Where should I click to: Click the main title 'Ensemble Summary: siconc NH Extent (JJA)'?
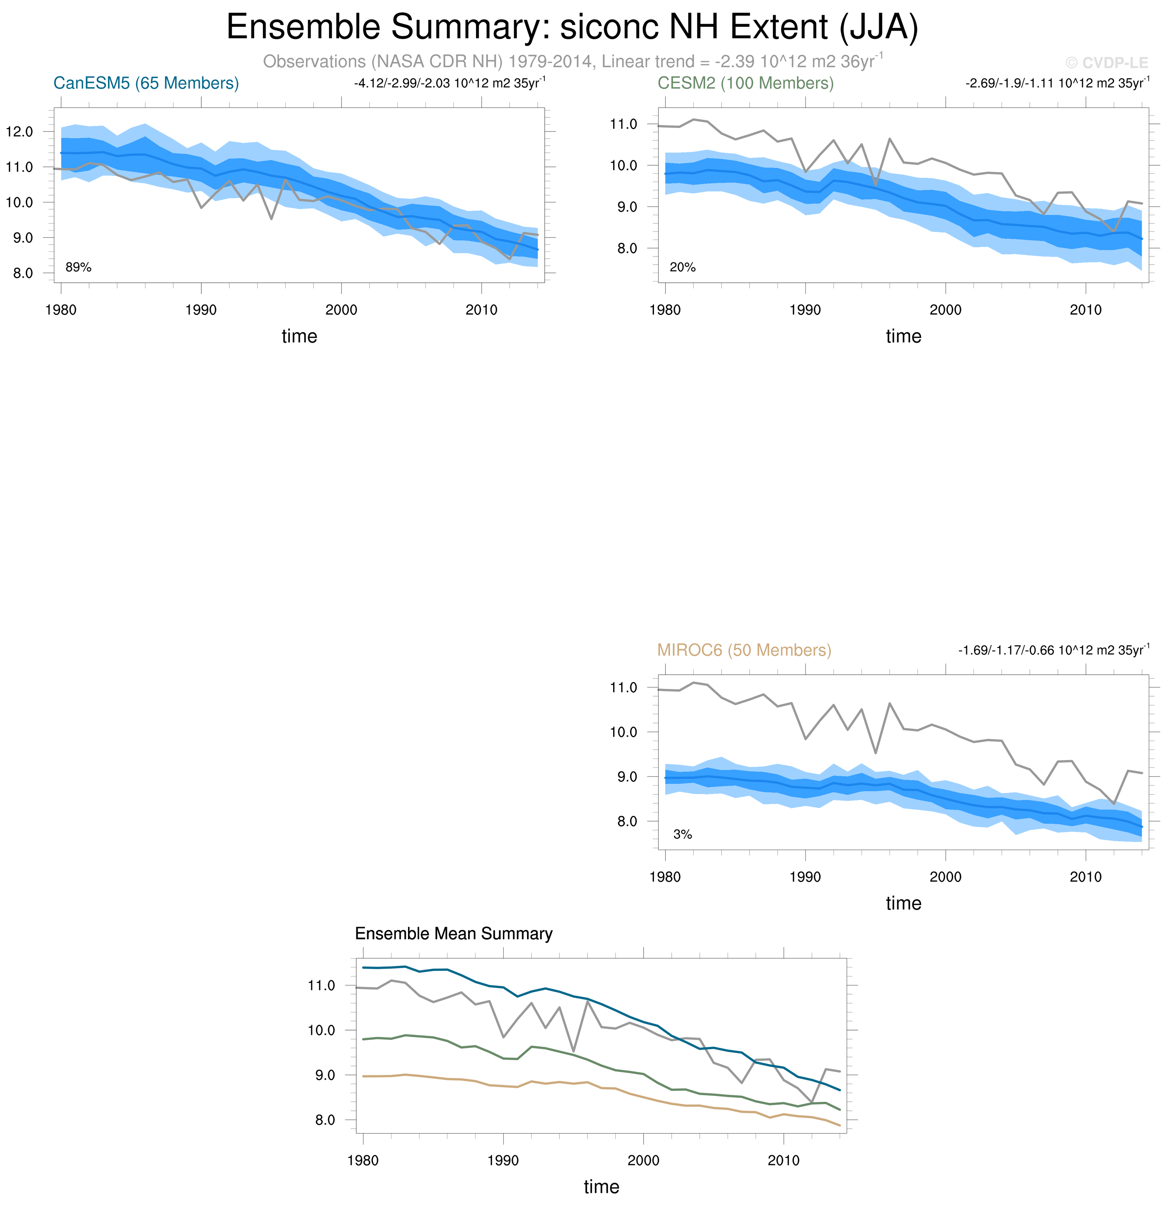[x=572, y=27]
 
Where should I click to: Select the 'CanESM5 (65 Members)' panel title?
[x=146, y=83]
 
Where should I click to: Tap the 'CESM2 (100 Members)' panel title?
[x=745, y=83]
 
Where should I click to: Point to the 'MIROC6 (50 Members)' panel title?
[x=744, y=650]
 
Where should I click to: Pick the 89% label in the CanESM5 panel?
[x=78, y=267]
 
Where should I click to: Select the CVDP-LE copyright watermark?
[x=1107, y=63]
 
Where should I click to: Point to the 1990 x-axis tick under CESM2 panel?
[x=805, y=310]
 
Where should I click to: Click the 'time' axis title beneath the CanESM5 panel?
[x=299, y=336]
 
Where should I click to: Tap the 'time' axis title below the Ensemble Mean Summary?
[x=601, y=1187]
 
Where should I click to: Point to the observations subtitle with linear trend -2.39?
[x=572, y=62]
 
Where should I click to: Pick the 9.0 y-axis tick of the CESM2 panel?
[x=623, y=207]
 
